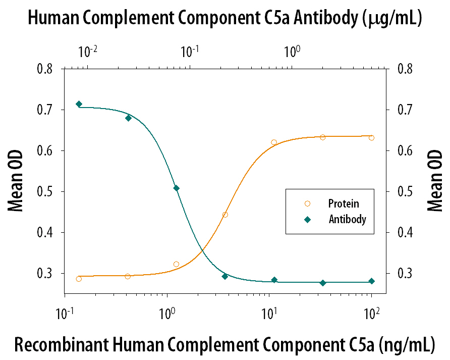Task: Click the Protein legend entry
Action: [343, 203]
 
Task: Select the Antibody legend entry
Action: [347, 220]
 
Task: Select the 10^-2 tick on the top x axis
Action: [87, 52]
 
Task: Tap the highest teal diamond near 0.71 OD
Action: [79, 104]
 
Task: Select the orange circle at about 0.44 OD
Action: [225, 215]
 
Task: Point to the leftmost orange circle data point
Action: [79, 279]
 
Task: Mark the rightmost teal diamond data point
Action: [371, 281]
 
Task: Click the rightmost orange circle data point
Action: [371, 137]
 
